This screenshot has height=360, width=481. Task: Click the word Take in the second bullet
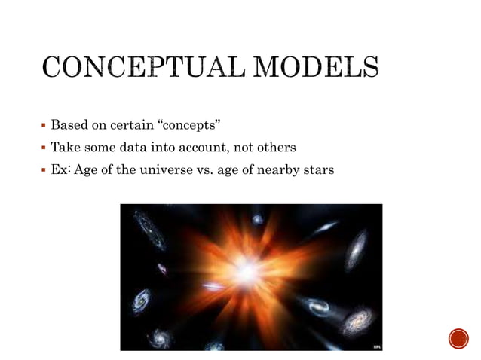(65, 147)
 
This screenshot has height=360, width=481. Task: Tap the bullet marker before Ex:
(44, 170)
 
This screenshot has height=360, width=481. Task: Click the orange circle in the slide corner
(458, 339)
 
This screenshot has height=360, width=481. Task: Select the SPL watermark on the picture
(376, 346)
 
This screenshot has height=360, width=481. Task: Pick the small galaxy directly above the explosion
(257, 219)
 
